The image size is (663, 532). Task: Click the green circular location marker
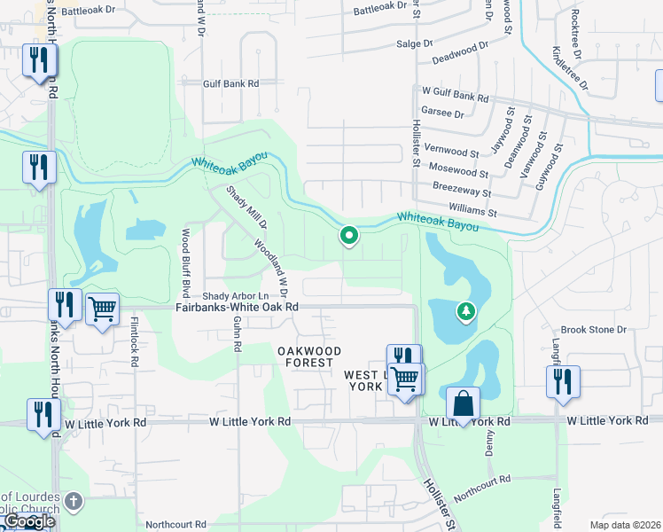point(349,235)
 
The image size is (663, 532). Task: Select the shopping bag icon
point(463,403)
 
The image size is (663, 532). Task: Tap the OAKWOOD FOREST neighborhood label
point(309,356)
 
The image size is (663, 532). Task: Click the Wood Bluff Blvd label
point(186,262)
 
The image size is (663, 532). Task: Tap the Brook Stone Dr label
point(594,329)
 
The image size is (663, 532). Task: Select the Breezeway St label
point(462,188)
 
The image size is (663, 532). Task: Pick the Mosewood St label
point(457,168)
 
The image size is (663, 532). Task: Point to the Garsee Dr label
point(443,113)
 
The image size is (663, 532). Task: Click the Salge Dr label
point(414,43)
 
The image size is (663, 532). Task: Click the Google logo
point(28,521)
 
